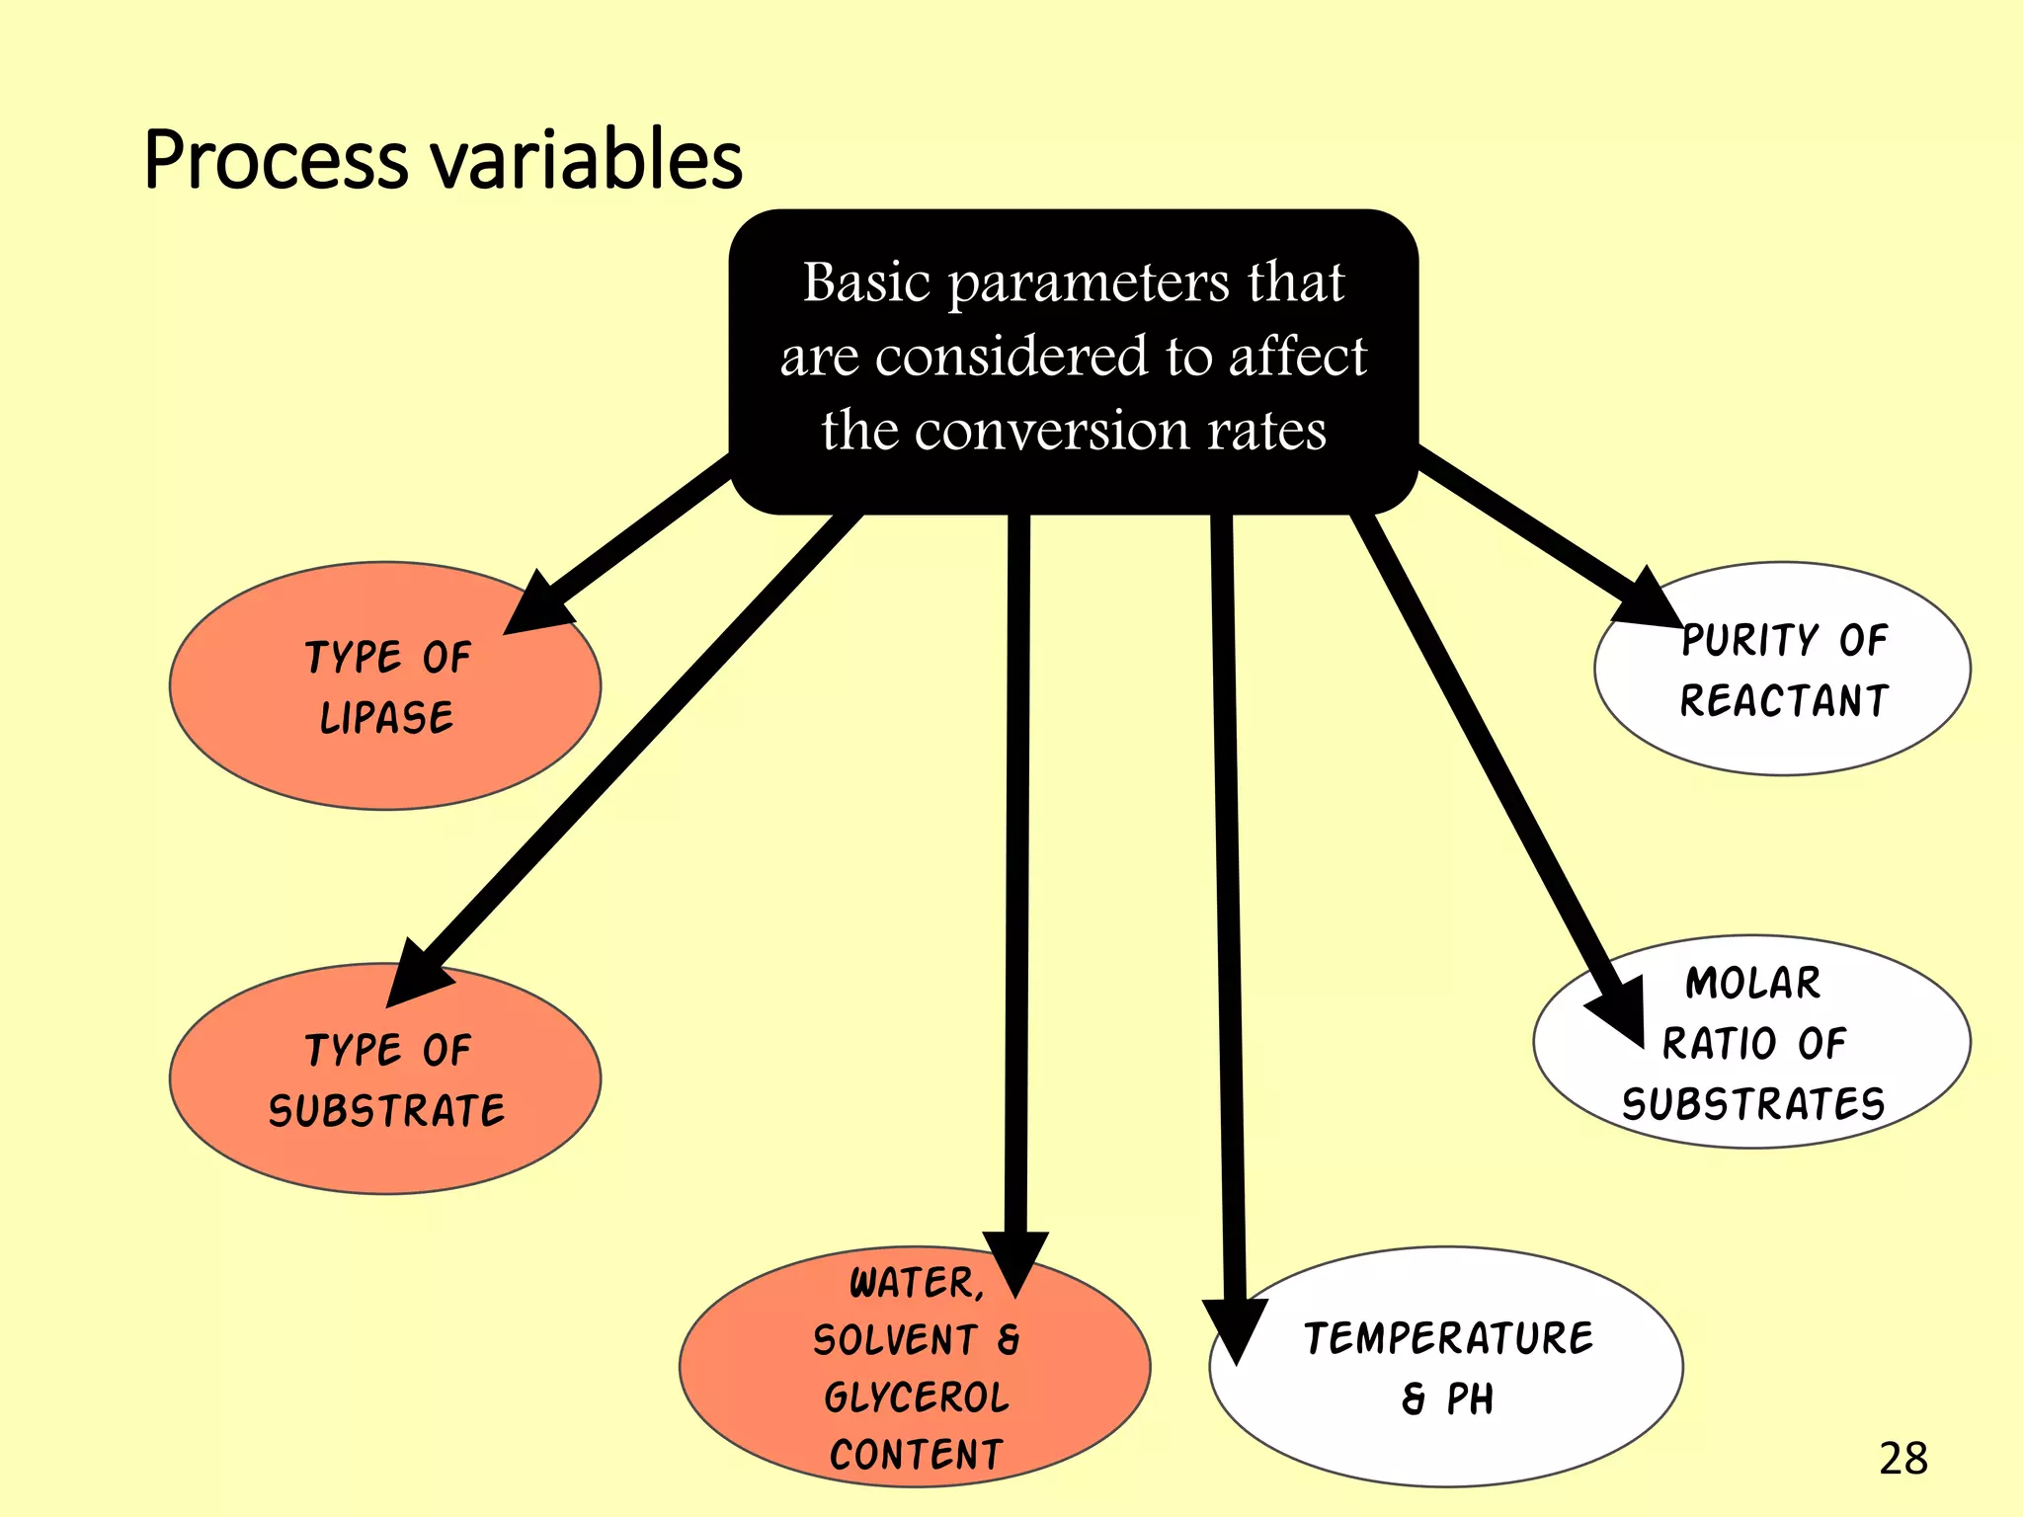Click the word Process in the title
[x=276, y=160]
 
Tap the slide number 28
[x=1902, y=1459]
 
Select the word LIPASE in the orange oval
[x=386, y=718]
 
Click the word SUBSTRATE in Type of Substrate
[x=386, y=1111]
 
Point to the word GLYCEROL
[x=916, y=1397]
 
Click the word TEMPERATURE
[x=1448, y=1339]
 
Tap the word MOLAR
[x=1752, y=984]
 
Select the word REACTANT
[x=1784, y=701]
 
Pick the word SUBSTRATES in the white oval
[x=1752, y=1104]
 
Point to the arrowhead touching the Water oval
[x=1015, y=1259]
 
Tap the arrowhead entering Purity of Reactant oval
[x=1648, y=601]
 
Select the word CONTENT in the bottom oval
[x=916, y=1455]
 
